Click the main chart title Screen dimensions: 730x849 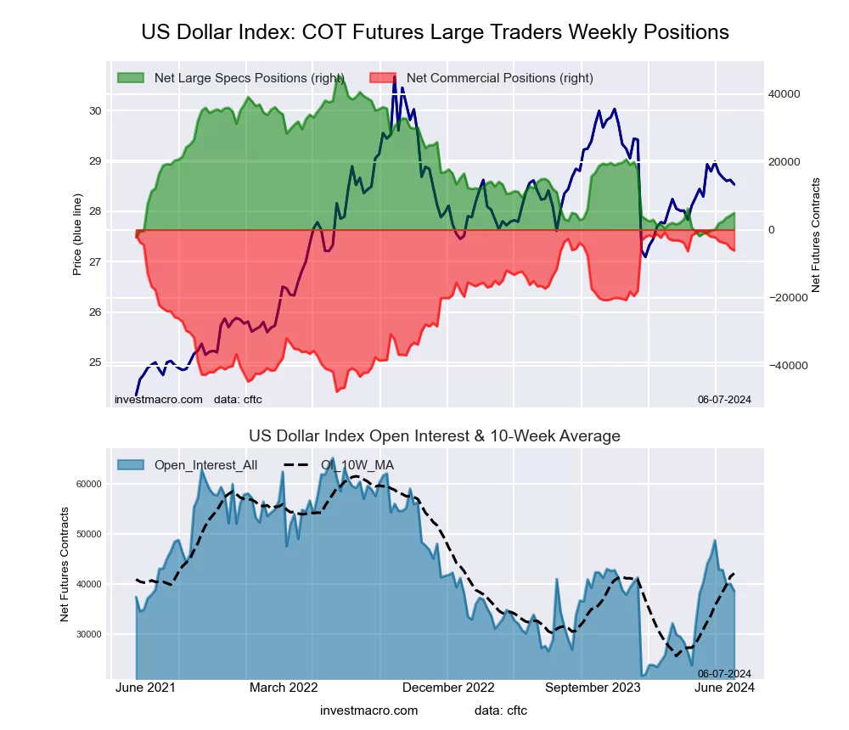pyautogui.click(x=435, y=32)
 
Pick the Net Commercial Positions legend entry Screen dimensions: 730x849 pyautogui.click(x=499, y=78)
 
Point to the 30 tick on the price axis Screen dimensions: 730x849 pyautogui.click(x=94, y=111)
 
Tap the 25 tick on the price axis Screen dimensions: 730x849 pyautogui.click(x=94, y=362)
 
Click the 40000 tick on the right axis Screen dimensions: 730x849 pyautogui.click(x=784, y=94)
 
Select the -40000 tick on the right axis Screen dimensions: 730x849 pyautogui.click(x=783, y=366)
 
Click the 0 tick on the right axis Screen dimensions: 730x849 pyautogui.click(x=773, y=230)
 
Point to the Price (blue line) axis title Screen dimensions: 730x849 pyautogui.click(x=77, y=234)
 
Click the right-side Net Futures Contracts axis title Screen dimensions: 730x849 pyautogui.click(x=816, y=234)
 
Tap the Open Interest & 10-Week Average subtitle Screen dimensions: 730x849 pyautogui.click(x=435, y=436)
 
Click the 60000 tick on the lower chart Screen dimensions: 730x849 pyautogui.click(x=87, y=484)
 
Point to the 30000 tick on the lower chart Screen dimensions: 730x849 pyautogui.click(x=87, y=634)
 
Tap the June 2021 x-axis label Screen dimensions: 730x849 pyautogui.click(x=145, y=688)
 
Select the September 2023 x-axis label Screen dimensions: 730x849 pyautogui.click(x=592, y=688)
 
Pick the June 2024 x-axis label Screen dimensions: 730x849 pyautogui.click(x=726, y=688)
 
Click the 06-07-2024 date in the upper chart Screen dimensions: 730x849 pyautogui.click(x=724, y=400)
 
